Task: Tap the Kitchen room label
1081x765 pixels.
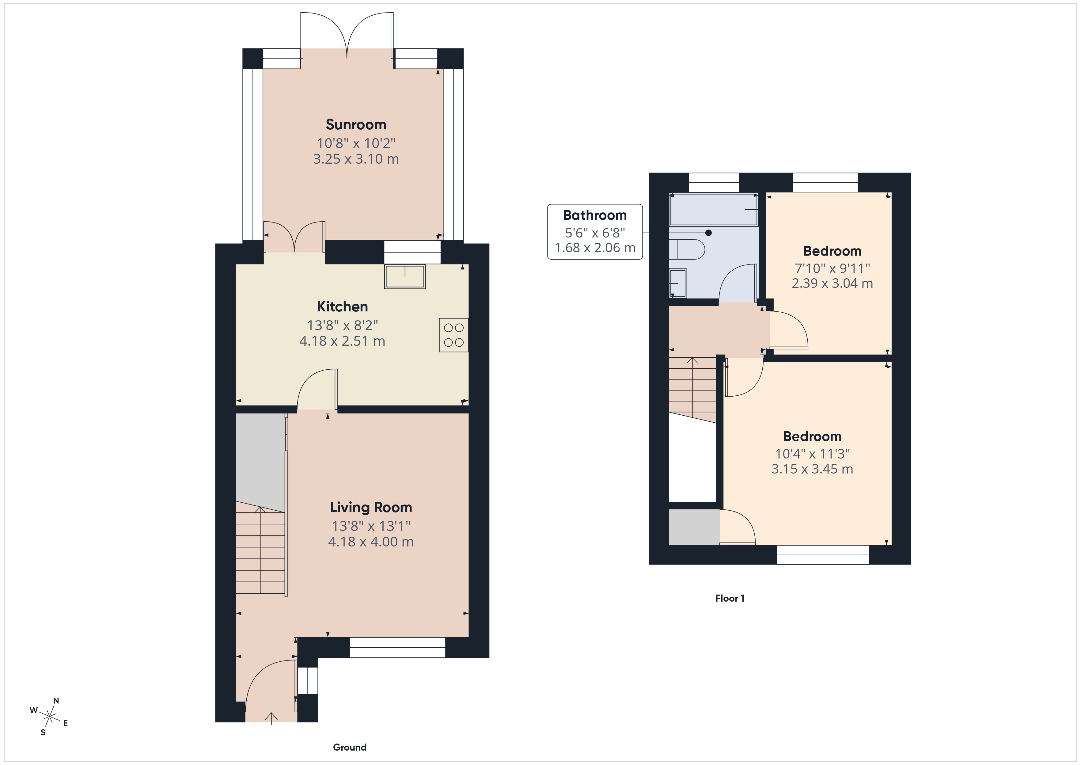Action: [342, 307]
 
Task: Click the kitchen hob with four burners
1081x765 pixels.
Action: [453, 335]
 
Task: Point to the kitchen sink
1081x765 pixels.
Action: [405, 276]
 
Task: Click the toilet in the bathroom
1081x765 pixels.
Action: [687, 249]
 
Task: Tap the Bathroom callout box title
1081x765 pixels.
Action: [595, 215]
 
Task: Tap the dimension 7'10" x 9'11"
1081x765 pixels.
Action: [832, 268]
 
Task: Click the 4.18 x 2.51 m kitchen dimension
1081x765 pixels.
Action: [342, 341]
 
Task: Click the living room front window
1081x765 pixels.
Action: [397, 647]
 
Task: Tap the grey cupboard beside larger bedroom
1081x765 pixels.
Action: [693, 527]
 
